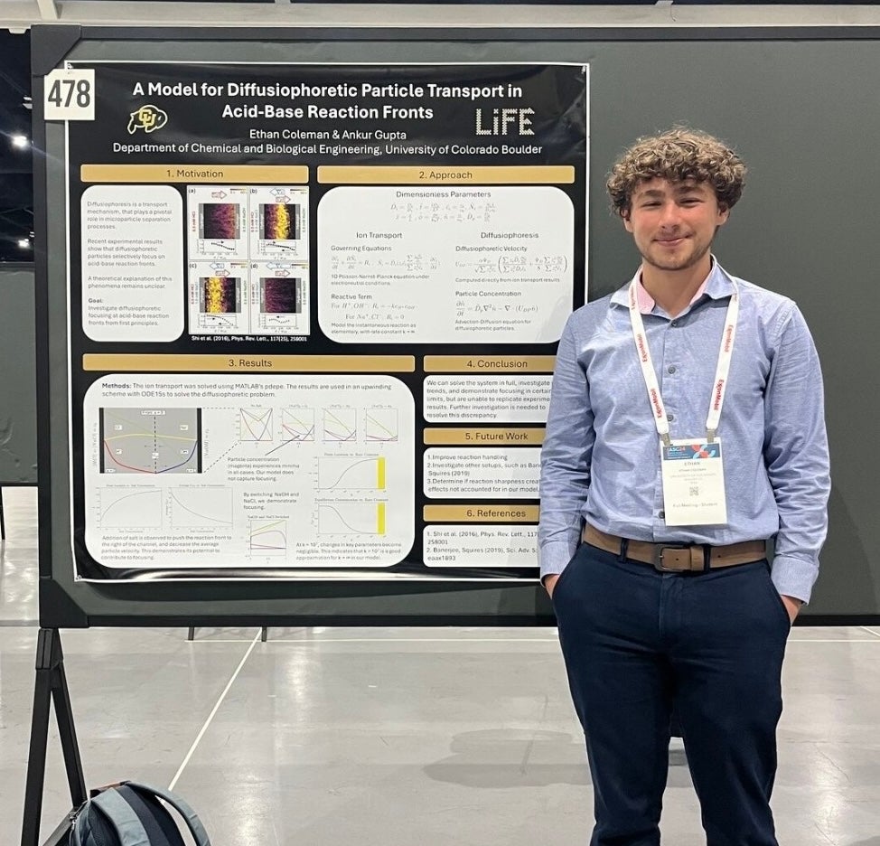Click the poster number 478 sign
pos(70,94)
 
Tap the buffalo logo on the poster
pos(147,118)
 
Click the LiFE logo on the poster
pos(505,121)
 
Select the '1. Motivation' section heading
pos(194,174)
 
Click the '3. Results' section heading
pos(248,362)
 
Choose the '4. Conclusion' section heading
pos(488,363)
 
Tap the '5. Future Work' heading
pos(483,436)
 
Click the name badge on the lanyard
pos(694,481)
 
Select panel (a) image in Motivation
pos(220,222)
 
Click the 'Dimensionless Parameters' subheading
pos(444,194)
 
